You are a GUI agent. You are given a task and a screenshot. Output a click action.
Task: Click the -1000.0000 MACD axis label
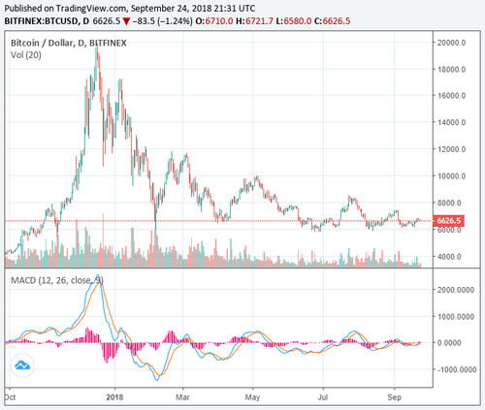click(451, 369)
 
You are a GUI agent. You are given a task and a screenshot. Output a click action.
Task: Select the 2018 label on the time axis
click(114, 396)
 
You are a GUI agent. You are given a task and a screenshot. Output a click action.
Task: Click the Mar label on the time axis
click(182, 396)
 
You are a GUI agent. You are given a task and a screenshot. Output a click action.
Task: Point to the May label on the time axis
click(254, 396)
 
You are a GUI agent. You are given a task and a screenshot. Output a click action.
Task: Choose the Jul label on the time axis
click(325, 396)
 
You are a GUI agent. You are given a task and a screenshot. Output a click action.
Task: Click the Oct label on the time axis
click(10, 396)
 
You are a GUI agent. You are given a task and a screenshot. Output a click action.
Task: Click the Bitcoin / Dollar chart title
click(58, 44)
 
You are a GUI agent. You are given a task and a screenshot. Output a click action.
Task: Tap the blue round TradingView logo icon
click(20, 365)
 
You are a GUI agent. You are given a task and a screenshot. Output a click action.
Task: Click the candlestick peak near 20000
click(96, 47)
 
